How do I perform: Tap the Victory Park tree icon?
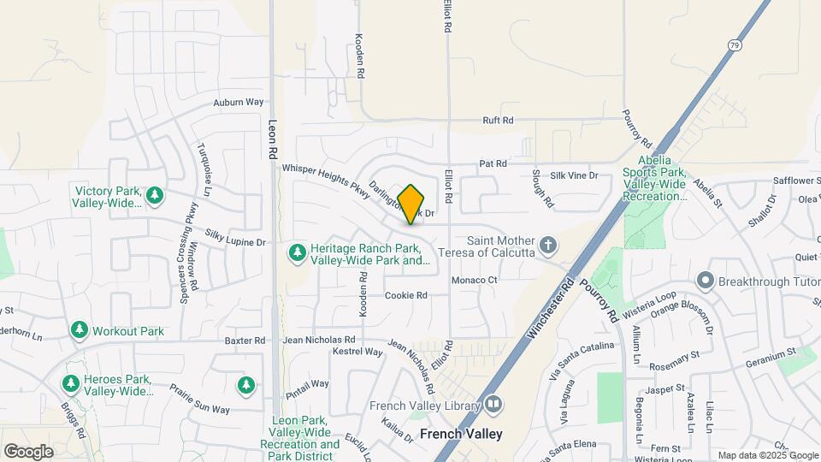tap(155, 196)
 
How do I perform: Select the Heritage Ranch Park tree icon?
tap(297, 252)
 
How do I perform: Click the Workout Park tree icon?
tap(80, 329)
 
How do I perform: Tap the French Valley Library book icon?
tap(493, 404)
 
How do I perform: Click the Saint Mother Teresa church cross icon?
tap(548, 246)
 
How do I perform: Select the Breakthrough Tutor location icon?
tap(706, 280)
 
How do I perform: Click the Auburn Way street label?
tap(238, 102)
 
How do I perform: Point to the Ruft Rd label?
tap(498, 121)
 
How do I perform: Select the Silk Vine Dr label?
tap(574, 175)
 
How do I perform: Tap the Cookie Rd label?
tap(405, 295)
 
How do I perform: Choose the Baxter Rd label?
tap(245, 341)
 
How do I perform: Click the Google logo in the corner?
tap(28, 451)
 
